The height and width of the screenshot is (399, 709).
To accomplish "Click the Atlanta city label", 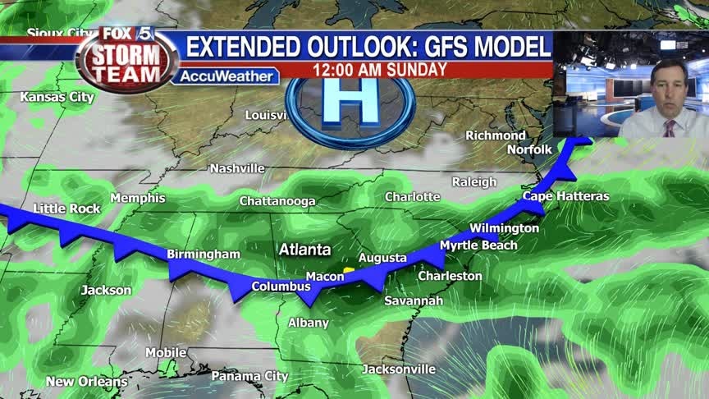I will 304,250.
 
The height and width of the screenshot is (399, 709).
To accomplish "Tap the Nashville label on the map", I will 237,168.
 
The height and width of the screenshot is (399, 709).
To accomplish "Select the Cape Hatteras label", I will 565,196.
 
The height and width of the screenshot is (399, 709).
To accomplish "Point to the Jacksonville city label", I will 399,369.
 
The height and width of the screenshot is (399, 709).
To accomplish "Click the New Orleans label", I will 86,382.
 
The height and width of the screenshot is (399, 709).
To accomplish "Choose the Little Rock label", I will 66,209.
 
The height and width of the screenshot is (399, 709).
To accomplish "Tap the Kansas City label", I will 57,97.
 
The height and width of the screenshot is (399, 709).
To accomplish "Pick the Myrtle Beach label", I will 478,245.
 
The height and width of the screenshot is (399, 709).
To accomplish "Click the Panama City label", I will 249,376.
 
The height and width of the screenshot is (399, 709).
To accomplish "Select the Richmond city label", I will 496,135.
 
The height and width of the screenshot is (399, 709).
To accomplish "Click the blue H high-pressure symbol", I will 350,104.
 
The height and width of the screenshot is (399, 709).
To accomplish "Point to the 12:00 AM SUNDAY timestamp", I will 380,70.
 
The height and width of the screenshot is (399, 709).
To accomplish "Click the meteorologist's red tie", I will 669,128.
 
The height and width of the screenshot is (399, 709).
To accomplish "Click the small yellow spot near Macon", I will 349,268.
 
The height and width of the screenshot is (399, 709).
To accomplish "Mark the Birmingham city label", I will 204,255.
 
